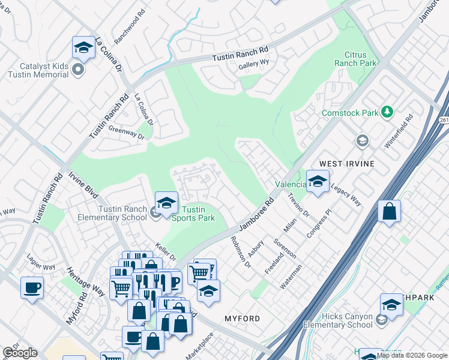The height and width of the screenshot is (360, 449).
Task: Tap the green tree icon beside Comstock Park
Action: click(388, 112)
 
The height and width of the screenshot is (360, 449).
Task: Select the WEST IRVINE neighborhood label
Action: click(347, 164)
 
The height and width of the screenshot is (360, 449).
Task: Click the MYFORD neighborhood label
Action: click(242, 318)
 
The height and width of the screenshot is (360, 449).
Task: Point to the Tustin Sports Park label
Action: click(198, 214)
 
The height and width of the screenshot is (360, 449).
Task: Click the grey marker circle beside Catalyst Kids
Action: click(77, 70)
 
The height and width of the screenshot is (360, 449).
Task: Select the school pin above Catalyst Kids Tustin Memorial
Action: click(83, 47)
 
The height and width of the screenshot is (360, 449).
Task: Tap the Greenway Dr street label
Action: click(126, 133)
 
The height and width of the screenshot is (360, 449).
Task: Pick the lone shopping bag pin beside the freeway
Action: click(390, 212)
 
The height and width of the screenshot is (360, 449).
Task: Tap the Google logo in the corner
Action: click(20, 353)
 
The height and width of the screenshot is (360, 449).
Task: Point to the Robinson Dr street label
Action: click(240, 251)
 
